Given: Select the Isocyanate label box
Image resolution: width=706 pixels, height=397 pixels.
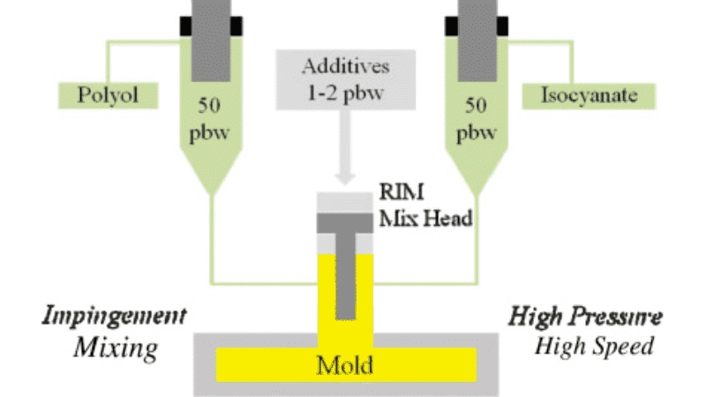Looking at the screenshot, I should point(588,94).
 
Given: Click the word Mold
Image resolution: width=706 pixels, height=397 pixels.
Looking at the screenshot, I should point(345,363).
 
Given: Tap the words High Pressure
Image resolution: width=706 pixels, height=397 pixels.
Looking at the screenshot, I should point(587,316).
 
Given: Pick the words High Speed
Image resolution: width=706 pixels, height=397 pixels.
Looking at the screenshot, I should point(594,346).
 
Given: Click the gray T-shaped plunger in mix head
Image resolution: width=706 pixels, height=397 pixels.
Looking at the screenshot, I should point(346,265).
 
